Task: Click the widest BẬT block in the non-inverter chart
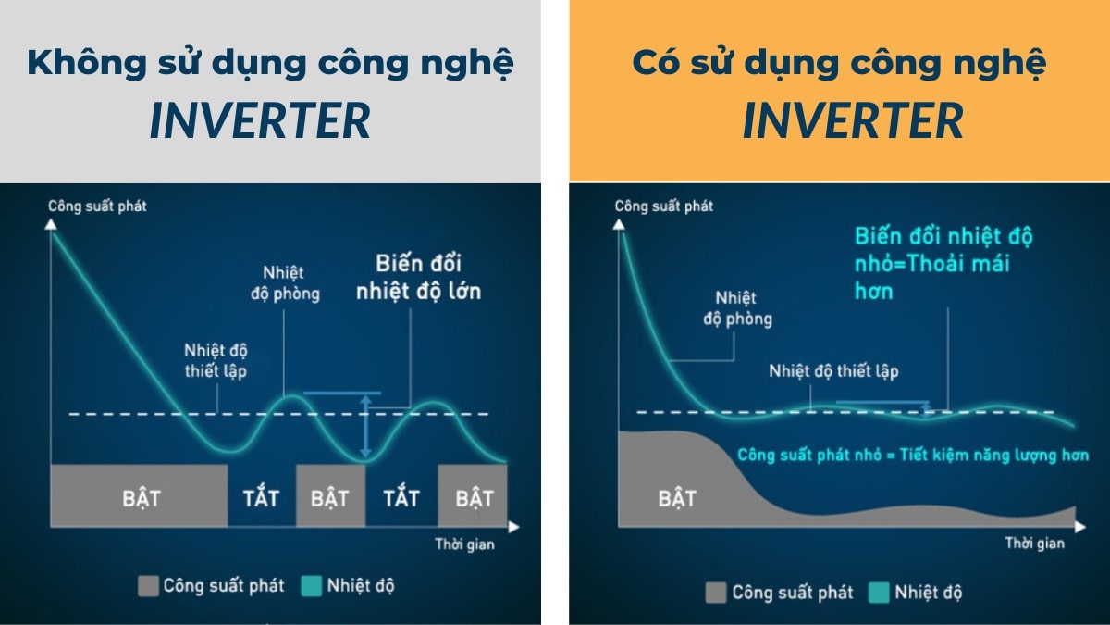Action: tap(141, 496)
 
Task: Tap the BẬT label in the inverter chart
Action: tap(677, 497)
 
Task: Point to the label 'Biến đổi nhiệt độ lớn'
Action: tap(418, 275)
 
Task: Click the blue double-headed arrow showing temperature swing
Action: tap(366, 427)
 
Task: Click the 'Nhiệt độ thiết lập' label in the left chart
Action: tap(216, 362)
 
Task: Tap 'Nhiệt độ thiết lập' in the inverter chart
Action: tap(833, 371)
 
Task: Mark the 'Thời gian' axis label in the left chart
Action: tap(464, 544)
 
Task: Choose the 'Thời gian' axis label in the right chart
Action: tap(1035, 543)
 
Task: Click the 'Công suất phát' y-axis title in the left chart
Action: tap(97, 206)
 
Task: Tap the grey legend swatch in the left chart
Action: tap(148, 585)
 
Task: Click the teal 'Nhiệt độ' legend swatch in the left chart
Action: tap(311, 585)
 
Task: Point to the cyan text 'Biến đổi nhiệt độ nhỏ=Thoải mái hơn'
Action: tap(932, 262)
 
